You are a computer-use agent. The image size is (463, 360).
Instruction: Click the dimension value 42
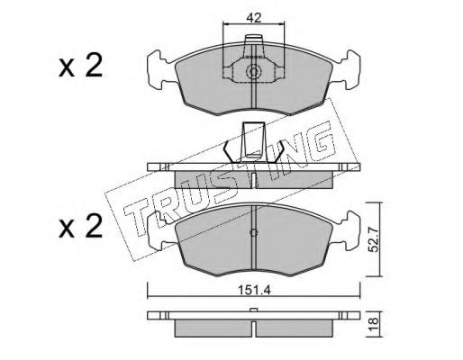coord(254,18)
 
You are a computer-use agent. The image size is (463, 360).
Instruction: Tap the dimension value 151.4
coord(254,290)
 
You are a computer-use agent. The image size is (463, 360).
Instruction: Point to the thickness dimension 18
coord(374,325)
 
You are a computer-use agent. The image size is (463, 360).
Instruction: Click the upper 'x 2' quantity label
coord(80,67)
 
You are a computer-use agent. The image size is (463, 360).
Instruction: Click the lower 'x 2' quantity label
coord(80,227)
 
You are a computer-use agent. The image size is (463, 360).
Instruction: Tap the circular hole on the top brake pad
coord(253,71)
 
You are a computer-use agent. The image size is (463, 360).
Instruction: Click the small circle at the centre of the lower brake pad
coord(254,232)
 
